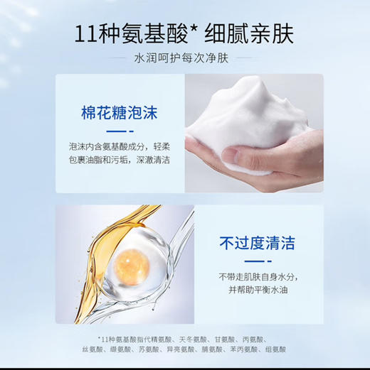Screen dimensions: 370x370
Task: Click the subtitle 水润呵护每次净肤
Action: coord(184,60)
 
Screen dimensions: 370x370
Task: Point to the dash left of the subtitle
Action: coord(120,60)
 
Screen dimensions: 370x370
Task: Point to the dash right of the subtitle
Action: coord(250,60)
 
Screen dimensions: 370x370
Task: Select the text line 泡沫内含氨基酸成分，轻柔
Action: coord(119,146)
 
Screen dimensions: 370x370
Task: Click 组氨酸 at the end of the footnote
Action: coord(274,349)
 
